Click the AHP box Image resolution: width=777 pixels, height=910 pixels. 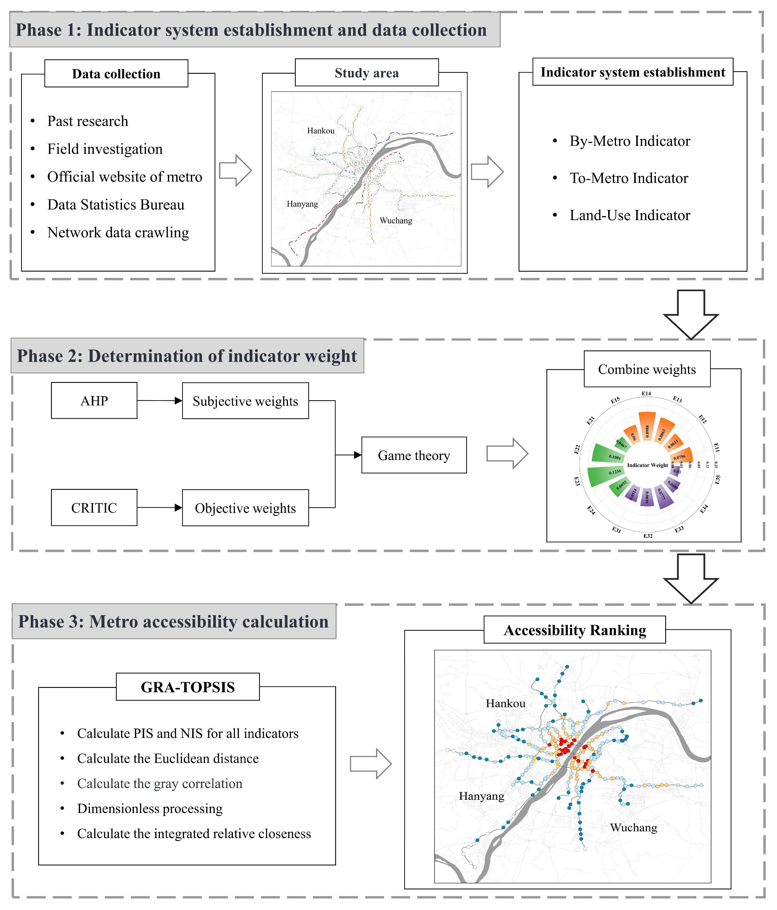click(x=94, y=400)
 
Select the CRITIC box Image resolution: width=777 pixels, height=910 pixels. click(x=94, y=508)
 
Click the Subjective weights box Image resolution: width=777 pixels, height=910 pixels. click(x=245, y=401)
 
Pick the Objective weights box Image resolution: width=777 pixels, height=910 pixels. click(x=245, y=508)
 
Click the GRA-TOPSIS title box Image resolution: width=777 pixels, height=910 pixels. click(x=188, y=687)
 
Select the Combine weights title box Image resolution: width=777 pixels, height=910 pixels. click(x=647, y=369)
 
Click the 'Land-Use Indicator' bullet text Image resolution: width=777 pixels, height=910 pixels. click(x=630, y=215)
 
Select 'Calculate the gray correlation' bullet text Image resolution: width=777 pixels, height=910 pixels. click(x=160, y=784)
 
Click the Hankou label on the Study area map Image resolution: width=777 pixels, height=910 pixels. click(x=321, y=130)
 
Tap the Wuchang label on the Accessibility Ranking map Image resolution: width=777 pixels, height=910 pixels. click(x=633, y=827)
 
